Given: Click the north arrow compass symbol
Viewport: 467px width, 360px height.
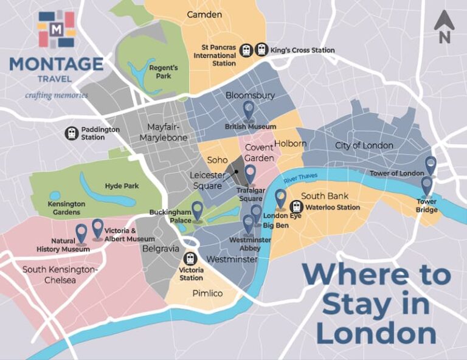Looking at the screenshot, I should (x=444, y=27).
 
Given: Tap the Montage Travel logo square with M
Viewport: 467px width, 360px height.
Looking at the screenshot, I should (x=57, y=29).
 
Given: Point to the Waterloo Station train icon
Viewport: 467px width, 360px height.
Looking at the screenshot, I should (x=296, y=207).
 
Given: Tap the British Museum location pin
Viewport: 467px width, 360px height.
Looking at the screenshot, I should (x=249, y=109).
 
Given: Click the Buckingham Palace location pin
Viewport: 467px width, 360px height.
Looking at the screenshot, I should (x=197, y=211).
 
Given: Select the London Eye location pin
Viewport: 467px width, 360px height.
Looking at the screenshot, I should (x=280, y=199).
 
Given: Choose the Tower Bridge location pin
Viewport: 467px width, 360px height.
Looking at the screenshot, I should (x=427, y=185).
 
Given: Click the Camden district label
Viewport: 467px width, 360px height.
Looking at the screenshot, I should (x=204, y=14).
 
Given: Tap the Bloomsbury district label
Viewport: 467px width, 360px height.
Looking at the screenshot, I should (x=250, y=95).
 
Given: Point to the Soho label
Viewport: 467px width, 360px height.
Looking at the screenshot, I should (x=217, y=160).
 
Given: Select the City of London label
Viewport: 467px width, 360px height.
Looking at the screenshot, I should (x=364, y=145).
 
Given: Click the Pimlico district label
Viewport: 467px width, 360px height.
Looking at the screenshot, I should (x=207, y=294).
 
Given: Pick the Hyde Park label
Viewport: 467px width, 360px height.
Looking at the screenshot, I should (x=118, y=186).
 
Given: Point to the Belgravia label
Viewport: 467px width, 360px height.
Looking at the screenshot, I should (x=161, y=248).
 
